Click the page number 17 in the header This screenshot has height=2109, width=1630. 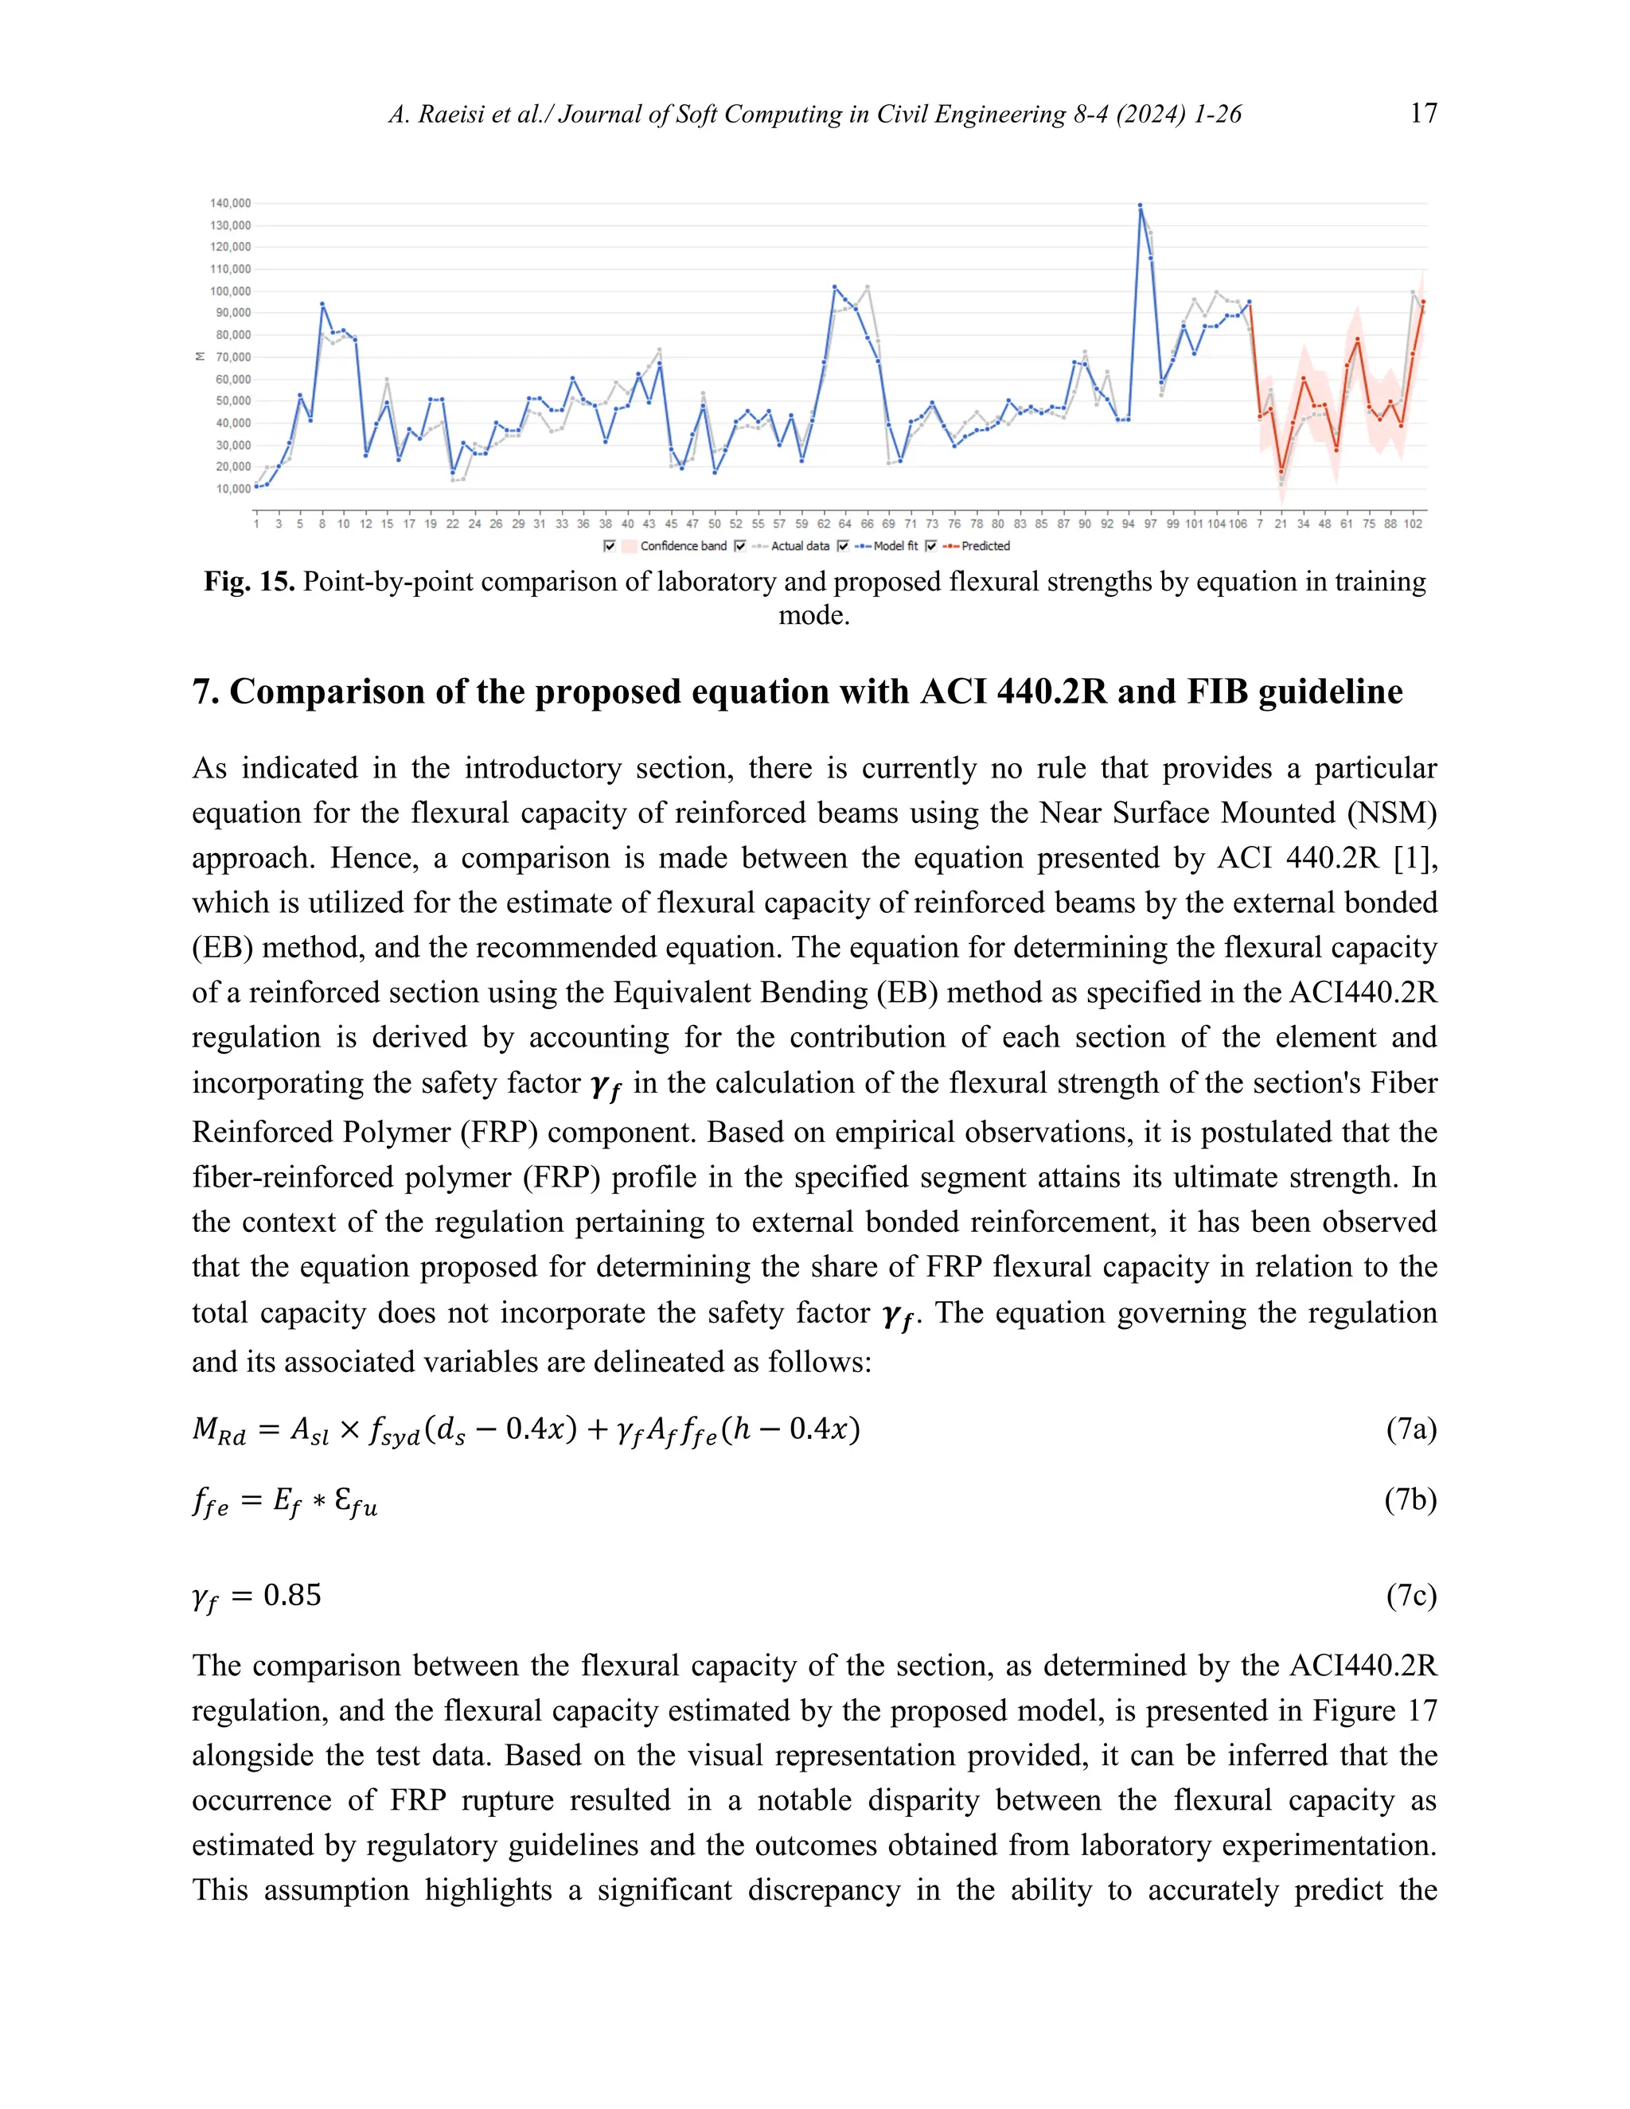coord(1422,113)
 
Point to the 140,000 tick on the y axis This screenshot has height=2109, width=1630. coord(230,203)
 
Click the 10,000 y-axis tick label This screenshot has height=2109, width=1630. coord(232,489)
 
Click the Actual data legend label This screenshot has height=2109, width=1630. coord(800,546)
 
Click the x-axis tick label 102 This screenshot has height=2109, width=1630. coord(1413,524)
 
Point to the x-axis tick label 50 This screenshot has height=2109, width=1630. coord(715,524)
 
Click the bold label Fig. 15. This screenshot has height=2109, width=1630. coord(248,581)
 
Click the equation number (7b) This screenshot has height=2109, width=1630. coord(1411,1499)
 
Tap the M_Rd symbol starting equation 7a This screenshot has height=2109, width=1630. coord(219,1429)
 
